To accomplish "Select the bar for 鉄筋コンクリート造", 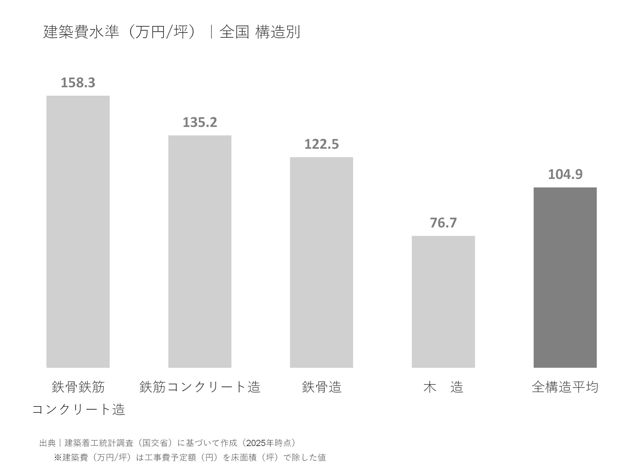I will tap(200, 251).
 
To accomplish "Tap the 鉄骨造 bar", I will tap(321, 262).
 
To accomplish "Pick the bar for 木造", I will tap(443, 301).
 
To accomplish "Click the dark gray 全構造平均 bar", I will tap(565, 277).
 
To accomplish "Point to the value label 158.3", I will tap(78, 83).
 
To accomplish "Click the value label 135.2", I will tap(200, 122).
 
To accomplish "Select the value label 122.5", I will tap(321, 144).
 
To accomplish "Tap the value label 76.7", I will tap(443, 223).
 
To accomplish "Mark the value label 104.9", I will tap(565, 174).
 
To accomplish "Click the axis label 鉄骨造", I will tap(321, 387).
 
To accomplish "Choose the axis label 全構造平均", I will tap(565, 387).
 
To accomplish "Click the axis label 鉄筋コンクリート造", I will tap(200, 387).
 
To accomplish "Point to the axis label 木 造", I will tap(443, 387).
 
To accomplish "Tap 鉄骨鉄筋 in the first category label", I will tap(78, 387).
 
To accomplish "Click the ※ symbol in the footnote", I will tap(58, 457).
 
